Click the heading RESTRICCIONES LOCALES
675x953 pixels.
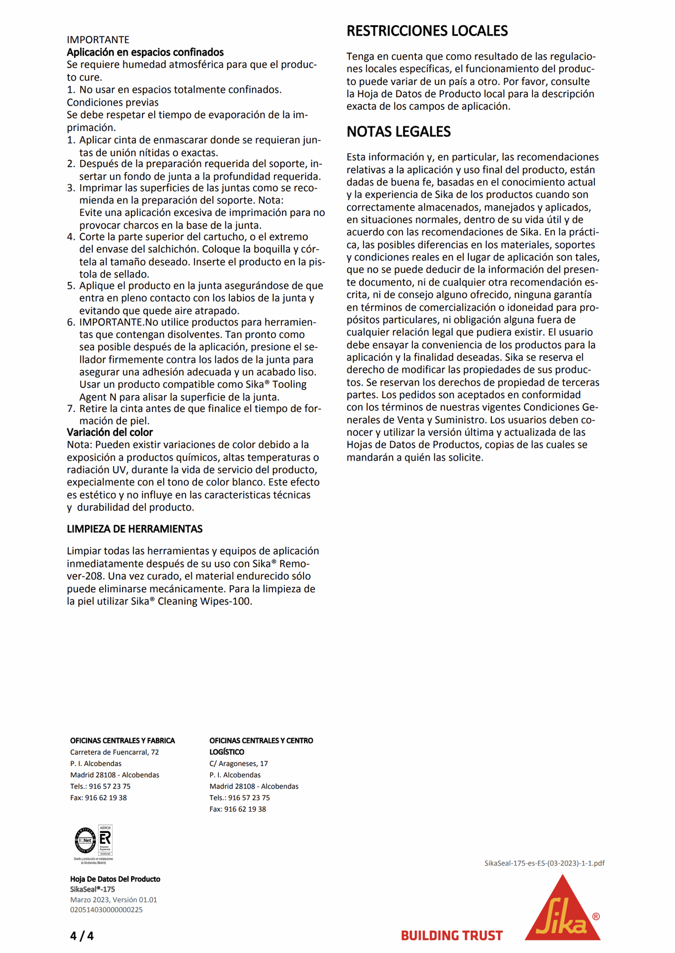click(427, 31)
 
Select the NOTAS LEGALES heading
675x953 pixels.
click(399, 132)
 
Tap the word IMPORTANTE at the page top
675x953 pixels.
click(98, 40)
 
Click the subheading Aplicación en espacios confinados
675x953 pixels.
click(145, 52)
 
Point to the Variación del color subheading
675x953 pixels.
click(110, 432)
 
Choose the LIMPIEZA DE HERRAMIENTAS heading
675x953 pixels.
click(135, 529)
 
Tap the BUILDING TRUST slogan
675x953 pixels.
click(452, 936)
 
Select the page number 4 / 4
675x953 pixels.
click(82, 936)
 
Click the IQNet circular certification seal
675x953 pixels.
click(85, 840)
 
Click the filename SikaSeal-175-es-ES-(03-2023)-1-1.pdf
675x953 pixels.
click(544, 863)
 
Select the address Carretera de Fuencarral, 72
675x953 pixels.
click(114, 752)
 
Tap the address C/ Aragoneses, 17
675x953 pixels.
click(238, 763)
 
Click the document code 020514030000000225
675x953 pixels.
click(107, 910)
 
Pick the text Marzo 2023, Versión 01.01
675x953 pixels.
click(113, 899)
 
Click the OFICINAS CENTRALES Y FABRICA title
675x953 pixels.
click(122, 741)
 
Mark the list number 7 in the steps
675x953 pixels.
click(70, 408)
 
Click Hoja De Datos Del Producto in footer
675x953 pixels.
click(115, 879)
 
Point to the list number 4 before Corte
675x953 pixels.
click(70, 237)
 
